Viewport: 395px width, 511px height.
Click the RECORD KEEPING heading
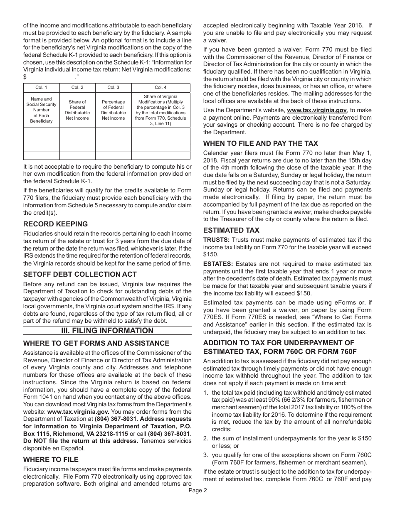[x=55, y=224]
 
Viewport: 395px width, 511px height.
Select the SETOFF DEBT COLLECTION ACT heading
[x=80, y=274]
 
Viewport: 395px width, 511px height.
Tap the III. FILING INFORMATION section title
[x=107, y=331]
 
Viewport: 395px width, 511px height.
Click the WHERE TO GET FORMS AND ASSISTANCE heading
[x=96, y=343]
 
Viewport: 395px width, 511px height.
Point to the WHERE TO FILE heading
[x=51, y=459]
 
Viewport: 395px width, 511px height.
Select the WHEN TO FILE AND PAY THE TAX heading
[x=260, y=143]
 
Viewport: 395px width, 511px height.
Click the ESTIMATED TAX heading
[x=231, y=230]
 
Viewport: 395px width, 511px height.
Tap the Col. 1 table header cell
[x=42, y=87]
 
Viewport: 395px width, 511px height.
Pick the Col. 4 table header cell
[x=160, y=87]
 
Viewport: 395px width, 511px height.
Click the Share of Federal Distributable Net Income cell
[x=77, y=110]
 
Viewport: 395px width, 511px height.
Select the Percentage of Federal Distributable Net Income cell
[x=113, y=110]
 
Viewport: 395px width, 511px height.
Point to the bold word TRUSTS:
[x=216, y=240]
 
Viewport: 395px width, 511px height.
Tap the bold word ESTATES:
[x=218, y=263]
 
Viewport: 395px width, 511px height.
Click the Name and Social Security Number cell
[x=42, y=110]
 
